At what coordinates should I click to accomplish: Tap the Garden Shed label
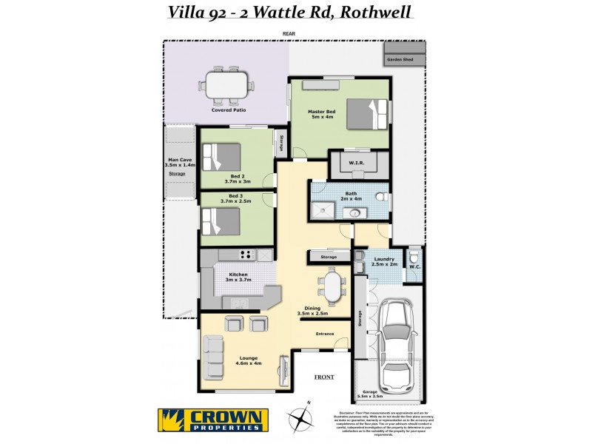[x=404, y=59]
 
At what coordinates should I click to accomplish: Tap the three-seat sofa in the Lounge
[x=214, y=357]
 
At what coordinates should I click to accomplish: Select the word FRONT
[x=324, y=377]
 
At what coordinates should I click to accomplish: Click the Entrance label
[x=325, y=334]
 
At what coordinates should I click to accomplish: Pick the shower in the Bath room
[x=323, y=211]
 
